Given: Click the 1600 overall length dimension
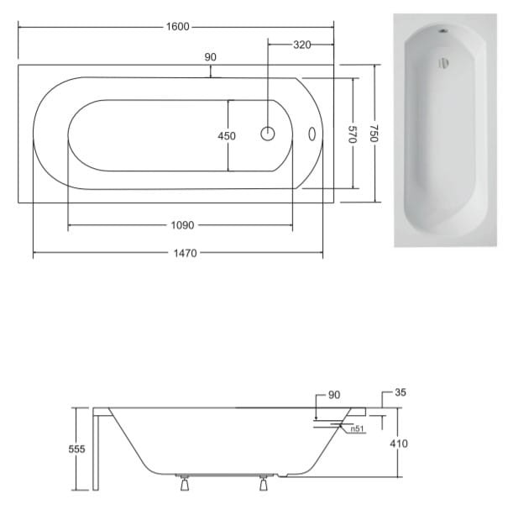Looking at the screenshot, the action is pos(177,27).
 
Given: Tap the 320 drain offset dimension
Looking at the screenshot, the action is pos(301,45).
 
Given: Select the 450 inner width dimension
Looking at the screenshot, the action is pos(227,135).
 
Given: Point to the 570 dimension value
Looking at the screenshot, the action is pos(352,134).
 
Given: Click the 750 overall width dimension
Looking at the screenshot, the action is pos(374,134).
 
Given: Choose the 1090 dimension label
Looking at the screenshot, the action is pos(182,225).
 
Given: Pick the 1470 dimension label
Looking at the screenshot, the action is pos(186,253).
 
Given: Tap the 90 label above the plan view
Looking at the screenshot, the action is pos(211,57).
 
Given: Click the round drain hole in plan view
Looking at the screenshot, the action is pos(268,134).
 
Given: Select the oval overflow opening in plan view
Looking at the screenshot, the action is pos(312,134).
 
